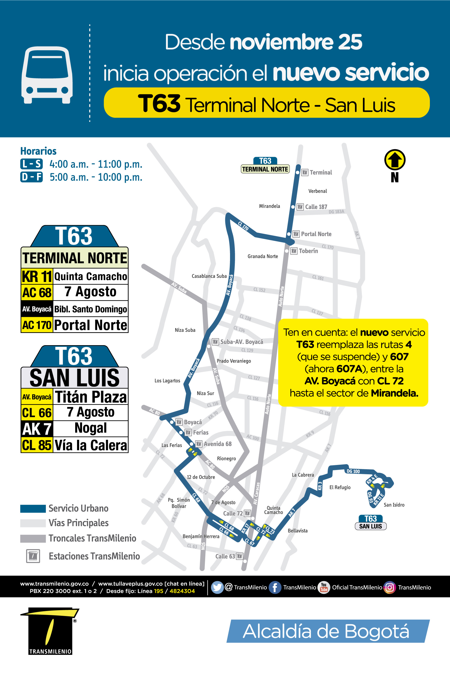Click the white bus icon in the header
coord(47,75)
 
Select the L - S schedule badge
coord(31,164)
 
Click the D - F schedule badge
coord(31,177)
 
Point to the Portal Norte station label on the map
coord(316,234)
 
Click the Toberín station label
coord(308,251)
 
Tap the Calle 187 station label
coord(316,207)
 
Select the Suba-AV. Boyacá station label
coord(241,342)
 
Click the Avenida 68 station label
coord(217,444)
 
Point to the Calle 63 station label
coord(225,556)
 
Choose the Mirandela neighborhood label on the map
coord(269,206)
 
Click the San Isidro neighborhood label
coord(394,505)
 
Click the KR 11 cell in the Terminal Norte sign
coord(37,276)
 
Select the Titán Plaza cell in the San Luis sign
coord(91,397)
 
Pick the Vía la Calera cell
coord(91,445)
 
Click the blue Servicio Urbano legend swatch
coord(33,508)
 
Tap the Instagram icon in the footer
coord(389,587)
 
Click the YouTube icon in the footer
coord(324,587)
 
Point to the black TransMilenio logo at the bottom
coord(50,631)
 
